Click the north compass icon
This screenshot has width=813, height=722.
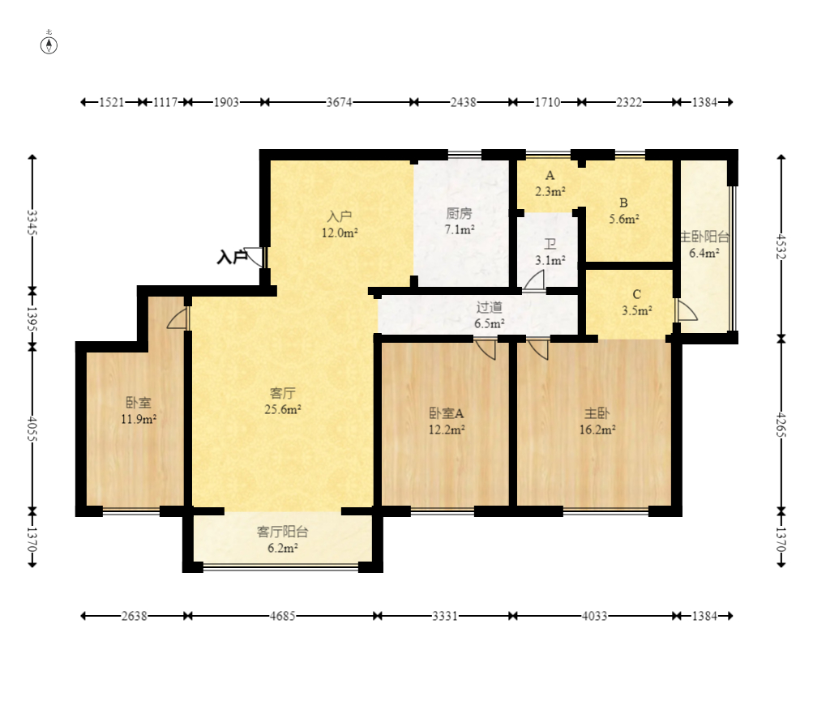(x=49, y=45)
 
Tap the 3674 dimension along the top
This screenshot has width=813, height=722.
(x=339, y=102)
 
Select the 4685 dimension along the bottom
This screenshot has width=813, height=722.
(x=283, y=616)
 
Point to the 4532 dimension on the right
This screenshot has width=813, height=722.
(x=781, y=246)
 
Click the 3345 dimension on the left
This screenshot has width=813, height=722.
(x=32, y=222)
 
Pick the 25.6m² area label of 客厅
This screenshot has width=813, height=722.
(x=283, y=409)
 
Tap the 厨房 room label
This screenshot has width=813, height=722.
(x=459, y=213)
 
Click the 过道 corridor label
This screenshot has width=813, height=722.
(x=490, y=307)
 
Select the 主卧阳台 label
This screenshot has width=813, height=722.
(x=704, y=237)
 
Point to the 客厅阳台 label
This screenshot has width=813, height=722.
(x=283, y=532)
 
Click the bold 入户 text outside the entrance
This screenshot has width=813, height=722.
(x=231, y=257)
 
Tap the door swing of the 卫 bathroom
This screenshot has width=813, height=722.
(x=534, y=280)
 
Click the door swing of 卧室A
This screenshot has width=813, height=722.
(x=486, y=349)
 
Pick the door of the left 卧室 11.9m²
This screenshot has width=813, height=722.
(x=178, y=318)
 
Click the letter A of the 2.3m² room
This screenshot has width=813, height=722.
(x=550, y=176)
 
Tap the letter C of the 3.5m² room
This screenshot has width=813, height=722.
(x=637, y=294)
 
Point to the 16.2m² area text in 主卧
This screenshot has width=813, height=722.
(x=597, y=429)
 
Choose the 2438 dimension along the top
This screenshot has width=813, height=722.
(x=463, y=102)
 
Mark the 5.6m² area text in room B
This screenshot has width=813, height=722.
(x=624, y=220)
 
